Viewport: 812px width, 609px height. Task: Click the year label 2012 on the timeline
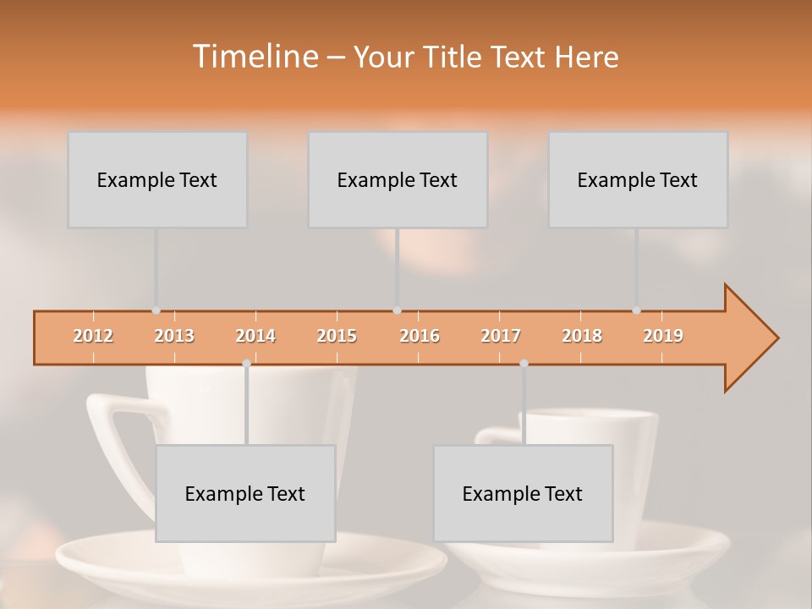point(93,336)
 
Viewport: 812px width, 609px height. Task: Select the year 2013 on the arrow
point(174,336)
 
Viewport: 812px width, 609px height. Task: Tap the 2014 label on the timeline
point(255,336)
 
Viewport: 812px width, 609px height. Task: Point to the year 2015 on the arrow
point(337,336)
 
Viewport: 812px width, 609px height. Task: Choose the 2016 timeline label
point(420,336)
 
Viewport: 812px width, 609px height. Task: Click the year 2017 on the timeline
point(501,336)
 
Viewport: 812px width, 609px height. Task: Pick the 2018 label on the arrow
point(582,336)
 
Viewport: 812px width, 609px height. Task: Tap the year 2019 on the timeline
point(663,336)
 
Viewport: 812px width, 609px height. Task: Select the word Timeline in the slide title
point(254,57)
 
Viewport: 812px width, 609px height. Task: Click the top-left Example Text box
point(157,179)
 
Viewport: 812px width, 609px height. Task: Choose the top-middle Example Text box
point(398,179)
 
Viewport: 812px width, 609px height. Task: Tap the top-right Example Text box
point(638,179)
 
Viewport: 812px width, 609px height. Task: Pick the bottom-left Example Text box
point(245,493)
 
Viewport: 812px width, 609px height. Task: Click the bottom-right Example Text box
point(523,493)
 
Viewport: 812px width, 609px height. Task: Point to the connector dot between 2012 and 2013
point(156,310)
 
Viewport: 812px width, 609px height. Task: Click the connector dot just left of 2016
point(397,310)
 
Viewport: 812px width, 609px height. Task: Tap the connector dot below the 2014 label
point(246,363)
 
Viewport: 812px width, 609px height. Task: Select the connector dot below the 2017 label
point(524,363)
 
